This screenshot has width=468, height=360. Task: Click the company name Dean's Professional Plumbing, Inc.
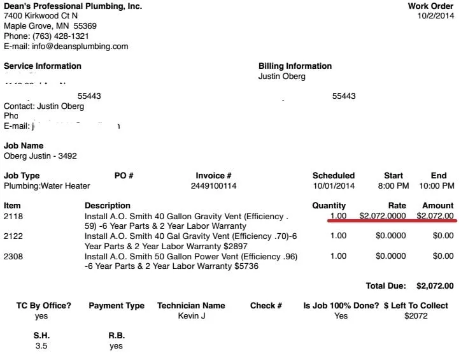coord(73,6)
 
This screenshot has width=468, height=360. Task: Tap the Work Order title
coord(430,6)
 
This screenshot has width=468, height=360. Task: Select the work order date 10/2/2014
coord(436,17)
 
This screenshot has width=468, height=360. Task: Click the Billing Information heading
coord(295,66)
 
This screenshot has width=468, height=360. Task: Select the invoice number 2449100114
coord(213,186)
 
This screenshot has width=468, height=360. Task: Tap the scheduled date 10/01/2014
coord(333,186)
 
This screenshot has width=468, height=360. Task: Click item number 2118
coord(13,216)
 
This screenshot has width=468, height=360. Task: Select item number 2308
coord(13,256)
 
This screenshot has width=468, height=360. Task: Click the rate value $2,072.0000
coord(383,216)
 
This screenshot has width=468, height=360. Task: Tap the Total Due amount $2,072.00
coord(435,286)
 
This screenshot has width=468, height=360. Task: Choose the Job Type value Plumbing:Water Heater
coord(47,186)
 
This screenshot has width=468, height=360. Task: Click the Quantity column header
coord(329,206)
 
